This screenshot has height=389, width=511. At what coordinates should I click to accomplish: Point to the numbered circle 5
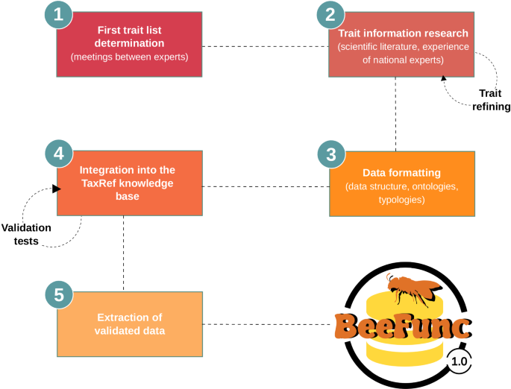[x=59, y=294]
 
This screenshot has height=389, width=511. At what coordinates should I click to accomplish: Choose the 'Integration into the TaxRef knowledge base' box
[x=128, y=184]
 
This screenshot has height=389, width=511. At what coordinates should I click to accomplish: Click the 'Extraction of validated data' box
[x=128, y=323]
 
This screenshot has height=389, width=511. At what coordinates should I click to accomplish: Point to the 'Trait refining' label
[x=491, y=100]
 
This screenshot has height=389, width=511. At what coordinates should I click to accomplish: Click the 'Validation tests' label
[x=25, y=234]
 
